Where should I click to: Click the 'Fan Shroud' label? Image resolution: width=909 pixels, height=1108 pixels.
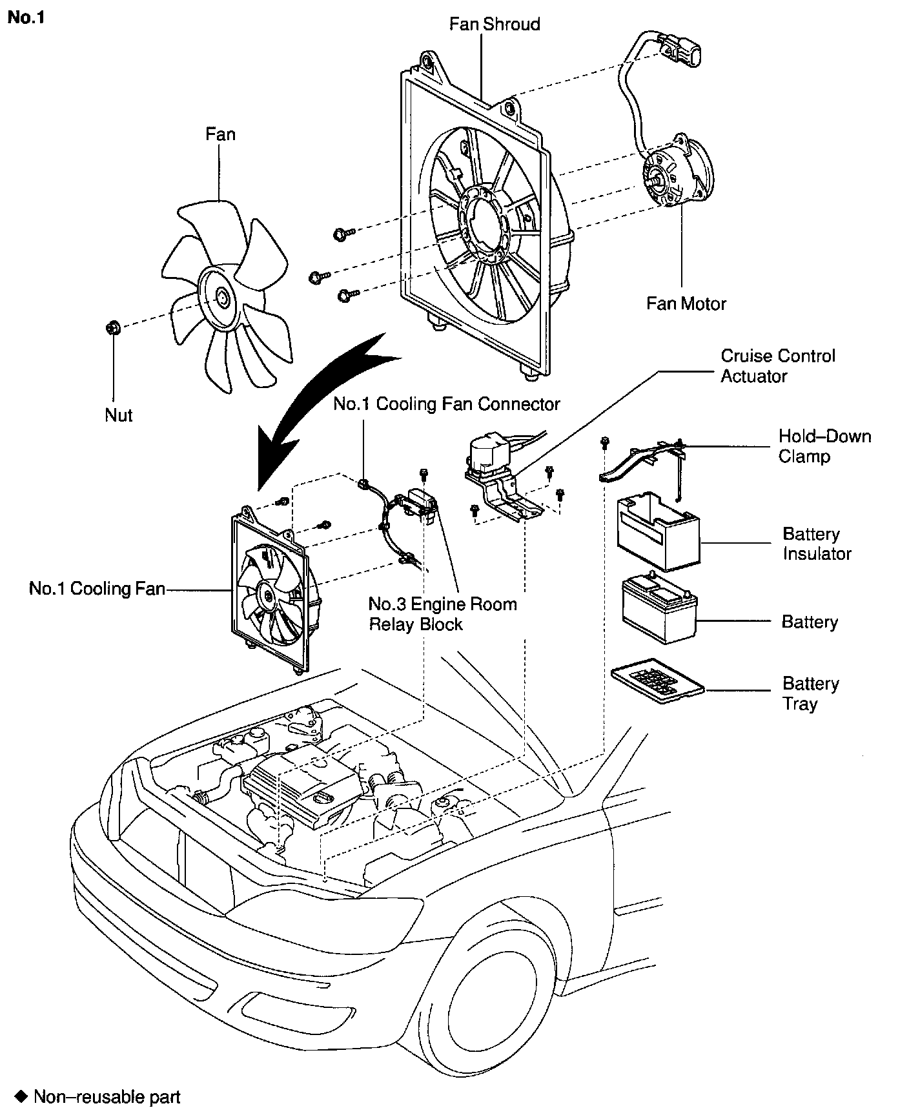point(495,25)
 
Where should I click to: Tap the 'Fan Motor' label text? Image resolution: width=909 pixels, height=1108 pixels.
point(686,303)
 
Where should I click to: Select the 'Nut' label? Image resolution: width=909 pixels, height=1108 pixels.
point(118,415)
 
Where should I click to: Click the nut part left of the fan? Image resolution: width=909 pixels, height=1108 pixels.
point(112,328)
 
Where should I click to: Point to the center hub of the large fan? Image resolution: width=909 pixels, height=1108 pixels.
point(222,298)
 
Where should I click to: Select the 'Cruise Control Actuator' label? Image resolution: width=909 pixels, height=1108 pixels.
point(777,365)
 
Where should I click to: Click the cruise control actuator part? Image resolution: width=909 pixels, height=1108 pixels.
point(491,455)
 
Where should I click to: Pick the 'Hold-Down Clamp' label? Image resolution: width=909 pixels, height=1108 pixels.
point(824,446)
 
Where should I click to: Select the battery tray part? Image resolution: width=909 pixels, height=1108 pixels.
point(656,681)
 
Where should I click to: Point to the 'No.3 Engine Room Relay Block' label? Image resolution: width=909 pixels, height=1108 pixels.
point(442,614)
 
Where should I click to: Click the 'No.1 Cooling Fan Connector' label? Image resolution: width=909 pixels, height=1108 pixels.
point(446,404)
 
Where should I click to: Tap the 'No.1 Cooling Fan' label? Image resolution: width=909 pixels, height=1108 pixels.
point(97,588)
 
